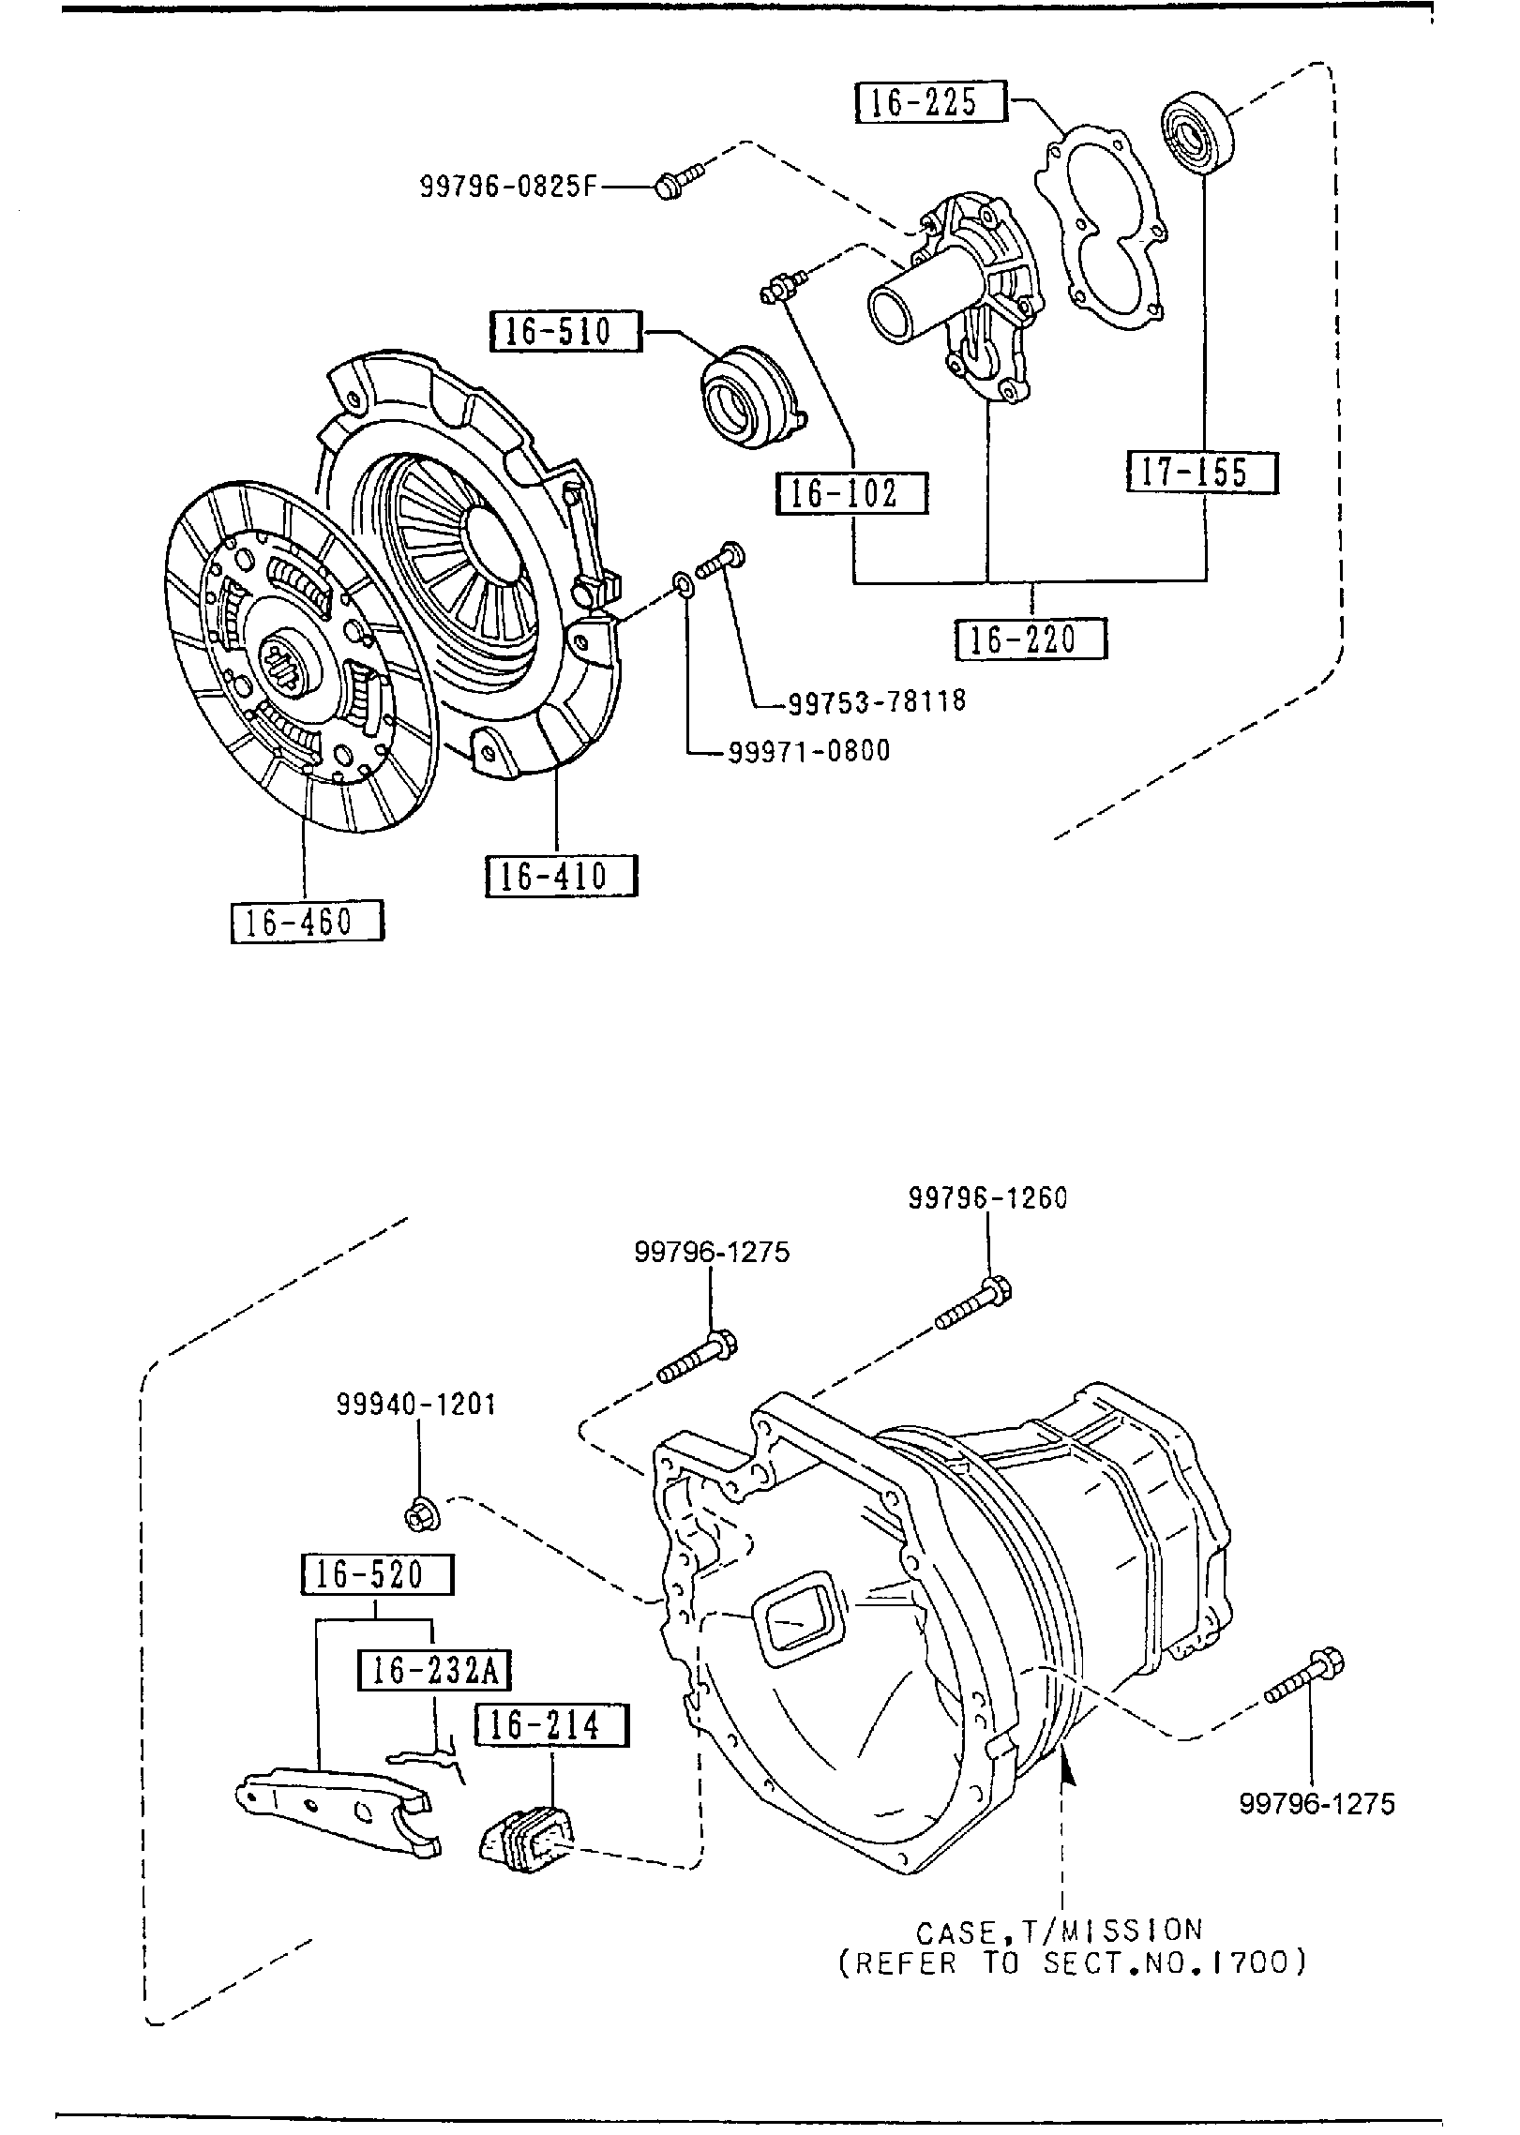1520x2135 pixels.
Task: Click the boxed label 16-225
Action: coord(929,101)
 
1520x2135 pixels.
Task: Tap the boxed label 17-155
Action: coord(1201,472)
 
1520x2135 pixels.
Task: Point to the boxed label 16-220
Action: coord(1031,639)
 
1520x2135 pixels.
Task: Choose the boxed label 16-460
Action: coord(307,921)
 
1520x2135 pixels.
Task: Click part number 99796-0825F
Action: coord(507,187)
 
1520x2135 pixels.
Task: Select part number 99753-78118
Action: coord(876,700)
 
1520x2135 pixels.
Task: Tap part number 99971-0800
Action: coord(808,751)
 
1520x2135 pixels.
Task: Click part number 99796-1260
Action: coord(986,1197)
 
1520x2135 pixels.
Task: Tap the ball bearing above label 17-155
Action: coord(1197,132)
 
